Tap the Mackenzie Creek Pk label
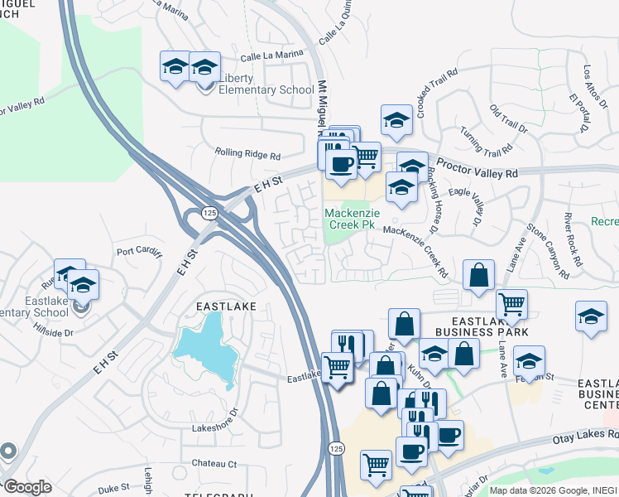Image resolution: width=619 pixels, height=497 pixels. click(351, 219)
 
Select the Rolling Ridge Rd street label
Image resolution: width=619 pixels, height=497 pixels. click(247, 153)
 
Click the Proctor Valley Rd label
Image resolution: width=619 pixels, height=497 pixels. click(477, 168)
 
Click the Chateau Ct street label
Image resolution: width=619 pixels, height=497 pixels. click(214, 464)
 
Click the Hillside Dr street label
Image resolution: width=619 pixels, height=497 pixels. click(53, 331)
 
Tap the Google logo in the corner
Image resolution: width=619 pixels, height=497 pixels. click(26, 487)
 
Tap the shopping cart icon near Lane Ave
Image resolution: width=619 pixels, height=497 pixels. click(512, 305)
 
